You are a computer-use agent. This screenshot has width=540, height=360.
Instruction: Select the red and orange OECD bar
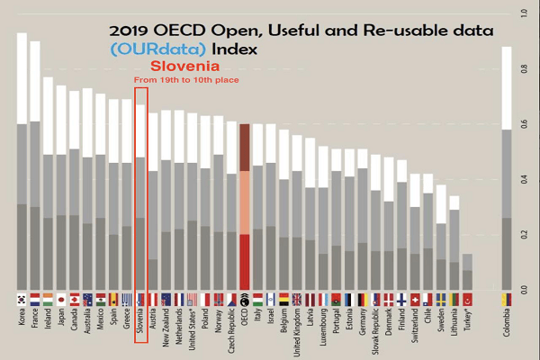tap(245, 206)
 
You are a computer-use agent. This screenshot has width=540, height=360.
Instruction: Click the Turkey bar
tap(467, 270)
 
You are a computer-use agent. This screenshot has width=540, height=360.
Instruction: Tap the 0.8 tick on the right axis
tap(524, 69)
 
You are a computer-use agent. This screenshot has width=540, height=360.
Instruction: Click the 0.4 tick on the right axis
tap(524, 180)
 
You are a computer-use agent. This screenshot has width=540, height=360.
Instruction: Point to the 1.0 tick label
tap(524, 13)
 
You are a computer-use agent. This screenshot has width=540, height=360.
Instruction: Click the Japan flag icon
tap(61, 299)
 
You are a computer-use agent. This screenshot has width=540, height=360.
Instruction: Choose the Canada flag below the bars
tap(75, 299)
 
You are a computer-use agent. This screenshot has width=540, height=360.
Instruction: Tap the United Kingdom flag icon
tap(298, 299)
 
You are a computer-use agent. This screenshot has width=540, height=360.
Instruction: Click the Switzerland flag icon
tap(414, 299)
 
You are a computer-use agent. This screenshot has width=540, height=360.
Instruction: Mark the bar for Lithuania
tap(454, 243)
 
